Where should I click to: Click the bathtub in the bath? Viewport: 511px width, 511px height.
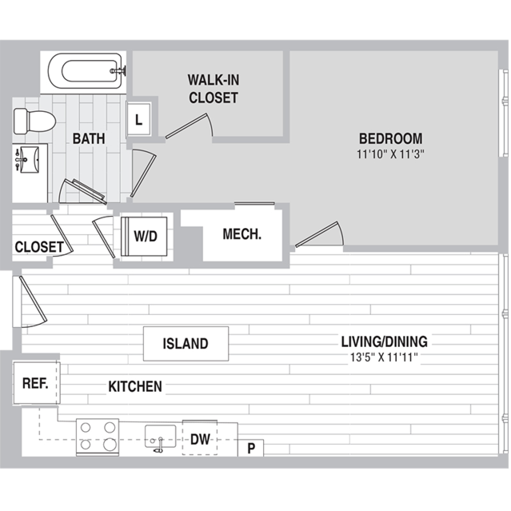(x=86, y=70)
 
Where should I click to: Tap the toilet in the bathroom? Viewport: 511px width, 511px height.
(x=35, y=122)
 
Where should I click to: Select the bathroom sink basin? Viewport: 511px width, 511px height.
(x=29, y=160)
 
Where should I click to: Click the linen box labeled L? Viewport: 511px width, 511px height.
(x=139, y=119)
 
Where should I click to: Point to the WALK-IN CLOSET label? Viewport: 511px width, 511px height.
(x=214, y=89)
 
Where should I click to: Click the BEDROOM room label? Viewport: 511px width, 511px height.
(x=391, y=138)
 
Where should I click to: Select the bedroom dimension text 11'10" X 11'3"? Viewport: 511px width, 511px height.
(x=391, y=154)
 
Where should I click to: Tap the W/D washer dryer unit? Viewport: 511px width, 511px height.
(x=144, y=236)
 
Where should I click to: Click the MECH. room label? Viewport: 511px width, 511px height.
(x=242, y=234)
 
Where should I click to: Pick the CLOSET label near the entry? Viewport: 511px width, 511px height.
(x=39, y=246)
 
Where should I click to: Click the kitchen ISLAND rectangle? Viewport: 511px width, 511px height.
(x=186, y=344)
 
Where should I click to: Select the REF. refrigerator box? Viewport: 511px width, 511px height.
(x=36, y=383)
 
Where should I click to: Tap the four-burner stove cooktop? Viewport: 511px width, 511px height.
(x=98, y=437)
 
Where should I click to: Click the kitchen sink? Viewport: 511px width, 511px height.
(x=160, y=437)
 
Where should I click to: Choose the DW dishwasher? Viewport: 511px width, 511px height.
(x=200, y=438)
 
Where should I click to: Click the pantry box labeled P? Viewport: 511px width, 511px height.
(x=250, y=448)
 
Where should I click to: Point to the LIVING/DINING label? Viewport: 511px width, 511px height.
(x=384, y=341)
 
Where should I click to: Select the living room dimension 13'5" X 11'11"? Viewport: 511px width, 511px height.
(x=384, y=357)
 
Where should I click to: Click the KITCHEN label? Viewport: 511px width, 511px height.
(x=135, y=386)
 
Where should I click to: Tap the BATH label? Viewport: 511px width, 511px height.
(x=89, y=138)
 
